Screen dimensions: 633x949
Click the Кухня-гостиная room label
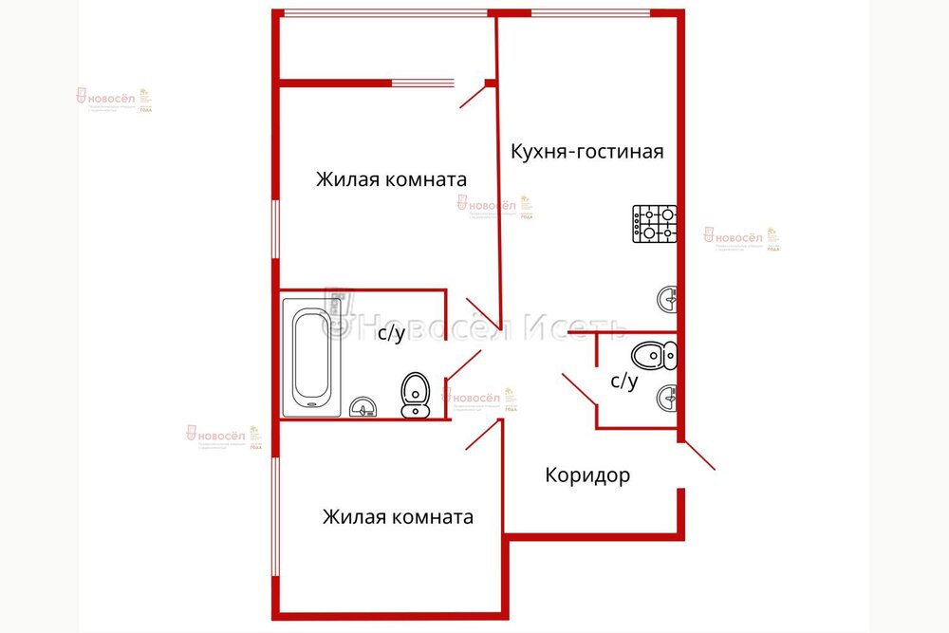point(586,151)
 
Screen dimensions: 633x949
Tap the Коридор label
point(587,475)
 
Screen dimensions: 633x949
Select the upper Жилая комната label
point(391,179)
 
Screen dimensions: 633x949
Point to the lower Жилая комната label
point(398,517)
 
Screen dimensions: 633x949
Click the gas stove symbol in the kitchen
point(654,224)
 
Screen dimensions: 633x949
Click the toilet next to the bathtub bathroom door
point(415,395)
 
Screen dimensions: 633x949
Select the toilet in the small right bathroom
point(654,356)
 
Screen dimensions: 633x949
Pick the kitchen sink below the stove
point(668,300)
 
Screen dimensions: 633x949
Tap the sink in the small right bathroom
point(668,396)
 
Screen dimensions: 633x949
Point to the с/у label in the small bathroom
point(623,381)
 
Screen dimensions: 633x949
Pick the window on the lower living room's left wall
point(275,517)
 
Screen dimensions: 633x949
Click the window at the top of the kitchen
point(589,12)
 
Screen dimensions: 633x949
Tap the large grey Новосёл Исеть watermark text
point(474,326)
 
